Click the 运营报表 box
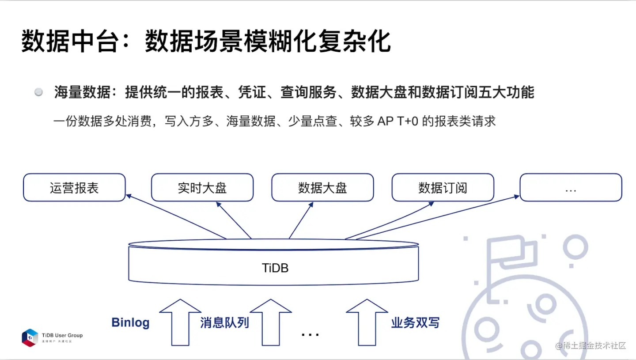[x=74, y=188]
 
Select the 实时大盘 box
[x=202, y=188]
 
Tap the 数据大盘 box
[x=322, y=188]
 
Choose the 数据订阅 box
[x=443, y=188]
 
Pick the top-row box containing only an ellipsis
[x=571, y=188]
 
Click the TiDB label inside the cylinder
[x=275, y=268]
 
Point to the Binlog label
[x=130, y=323]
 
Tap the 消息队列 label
[x=224, y=323]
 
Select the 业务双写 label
[x=415, y=323]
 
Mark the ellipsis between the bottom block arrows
[x=310, y=334]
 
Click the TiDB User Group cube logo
[x=30, y=337]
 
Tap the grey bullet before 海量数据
[x=39, y=92]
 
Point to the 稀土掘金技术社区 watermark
[x=592, y=345]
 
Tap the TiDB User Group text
[x=62, y=335]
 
